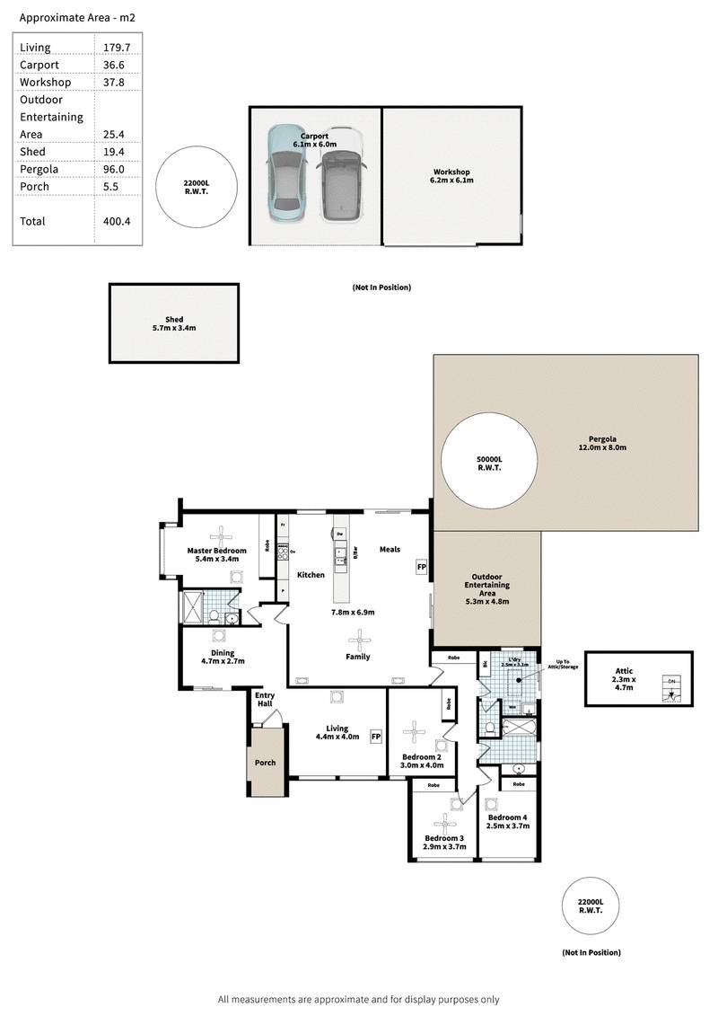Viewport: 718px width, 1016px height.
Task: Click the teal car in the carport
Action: (286, 172)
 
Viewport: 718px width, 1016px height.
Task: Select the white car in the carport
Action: (341, 176)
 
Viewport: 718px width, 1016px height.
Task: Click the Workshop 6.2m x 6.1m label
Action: (451, 176)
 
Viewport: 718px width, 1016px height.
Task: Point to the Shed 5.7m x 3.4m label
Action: (174, 323)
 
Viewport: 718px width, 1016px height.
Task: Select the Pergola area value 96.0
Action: (113, 169)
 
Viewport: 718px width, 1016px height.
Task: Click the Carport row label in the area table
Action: (39, 65)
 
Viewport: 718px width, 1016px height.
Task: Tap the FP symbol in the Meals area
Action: (420, 567)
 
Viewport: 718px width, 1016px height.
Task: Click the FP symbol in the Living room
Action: (376, 737)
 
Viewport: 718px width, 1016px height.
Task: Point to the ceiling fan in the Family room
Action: (360, 639)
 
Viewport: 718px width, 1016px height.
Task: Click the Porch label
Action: (265, 763)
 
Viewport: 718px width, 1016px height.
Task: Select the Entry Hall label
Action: (265, 699)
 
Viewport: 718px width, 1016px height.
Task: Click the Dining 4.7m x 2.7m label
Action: (222, 657)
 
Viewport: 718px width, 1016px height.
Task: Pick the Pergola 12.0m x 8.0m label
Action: (601, 443)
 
